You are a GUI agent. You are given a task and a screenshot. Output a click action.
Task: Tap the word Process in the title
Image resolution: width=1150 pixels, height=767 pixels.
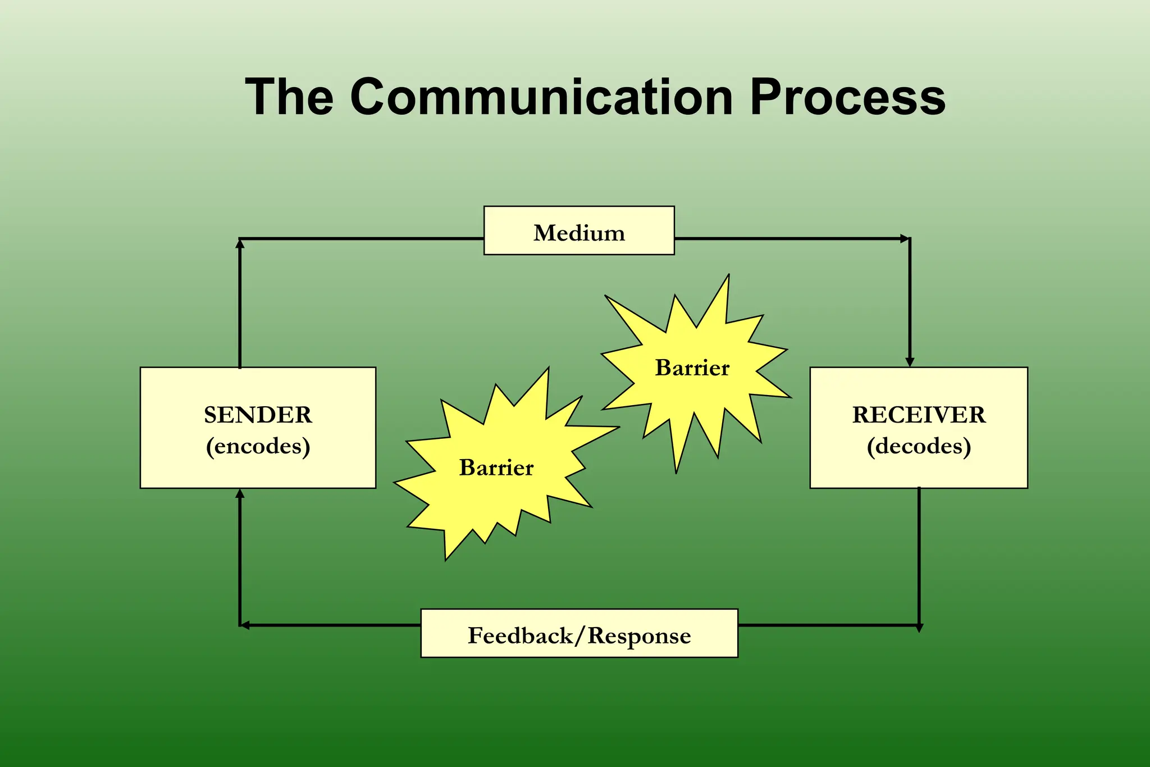coord(847,98)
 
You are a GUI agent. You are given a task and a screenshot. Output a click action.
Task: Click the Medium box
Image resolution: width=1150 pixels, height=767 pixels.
coord(579,231)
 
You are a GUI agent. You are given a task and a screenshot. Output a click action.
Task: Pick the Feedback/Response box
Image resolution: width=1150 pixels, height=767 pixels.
coord(579,633)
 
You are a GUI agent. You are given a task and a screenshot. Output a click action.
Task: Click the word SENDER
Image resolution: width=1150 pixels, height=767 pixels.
coord(258,415)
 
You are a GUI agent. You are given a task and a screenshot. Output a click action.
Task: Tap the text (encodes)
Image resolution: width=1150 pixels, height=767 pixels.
coord(258,446)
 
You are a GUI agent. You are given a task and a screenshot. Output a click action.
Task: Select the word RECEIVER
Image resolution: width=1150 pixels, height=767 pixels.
coord(919,415)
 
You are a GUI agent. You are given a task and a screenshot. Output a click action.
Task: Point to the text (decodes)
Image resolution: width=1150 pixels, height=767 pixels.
coord(919,446)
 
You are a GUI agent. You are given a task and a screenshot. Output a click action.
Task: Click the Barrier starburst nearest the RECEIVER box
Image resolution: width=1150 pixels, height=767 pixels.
coord(692,368)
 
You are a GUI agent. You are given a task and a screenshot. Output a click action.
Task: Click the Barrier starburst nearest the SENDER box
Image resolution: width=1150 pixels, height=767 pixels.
coord(496,468)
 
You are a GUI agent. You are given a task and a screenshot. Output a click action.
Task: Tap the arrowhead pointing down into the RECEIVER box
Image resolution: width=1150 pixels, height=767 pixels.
coord(910,362)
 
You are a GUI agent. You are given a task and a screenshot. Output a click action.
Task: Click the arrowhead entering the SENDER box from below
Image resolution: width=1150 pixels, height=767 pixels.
coord(240,493)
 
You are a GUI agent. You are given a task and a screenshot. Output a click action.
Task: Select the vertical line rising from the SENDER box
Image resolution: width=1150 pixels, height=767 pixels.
coord(240,303)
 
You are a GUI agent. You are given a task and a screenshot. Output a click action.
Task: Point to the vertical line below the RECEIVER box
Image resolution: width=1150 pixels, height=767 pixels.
coord(919,556)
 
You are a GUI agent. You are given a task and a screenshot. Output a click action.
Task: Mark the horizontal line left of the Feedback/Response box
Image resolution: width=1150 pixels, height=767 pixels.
coord(331,625)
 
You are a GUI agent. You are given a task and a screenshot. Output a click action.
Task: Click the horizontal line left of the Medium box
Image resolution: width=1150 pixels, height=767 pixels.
coord(359,239)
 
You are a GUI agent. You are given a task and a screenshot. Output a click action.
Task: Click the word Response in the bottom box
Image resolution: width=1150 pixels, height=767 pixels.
coord(639,636)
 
